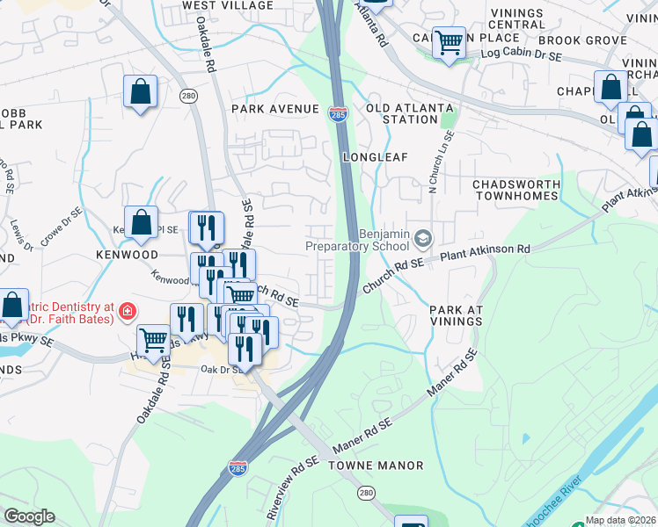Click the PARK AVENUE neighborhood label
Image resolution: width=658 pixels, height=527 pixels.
274,109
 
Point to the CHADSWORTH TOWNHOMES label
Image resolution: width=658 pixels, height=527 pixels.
516,191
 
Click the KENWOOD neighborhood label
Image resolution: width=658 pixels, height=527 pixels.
128,255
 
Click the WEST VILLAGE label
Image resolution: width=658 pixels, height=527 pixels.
228,5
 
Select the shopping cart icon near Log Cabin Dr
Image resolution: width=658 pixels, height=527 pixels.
449,40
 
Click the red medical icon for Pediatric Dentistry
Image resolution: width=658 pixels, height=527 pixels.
128,312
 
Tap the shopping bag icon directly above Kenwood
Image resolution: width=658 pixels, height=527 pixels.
141,223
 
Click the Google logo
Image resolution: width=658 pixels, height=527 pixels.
29,516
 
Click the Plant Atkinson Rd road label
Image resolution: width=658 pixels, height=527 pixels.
485,250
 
